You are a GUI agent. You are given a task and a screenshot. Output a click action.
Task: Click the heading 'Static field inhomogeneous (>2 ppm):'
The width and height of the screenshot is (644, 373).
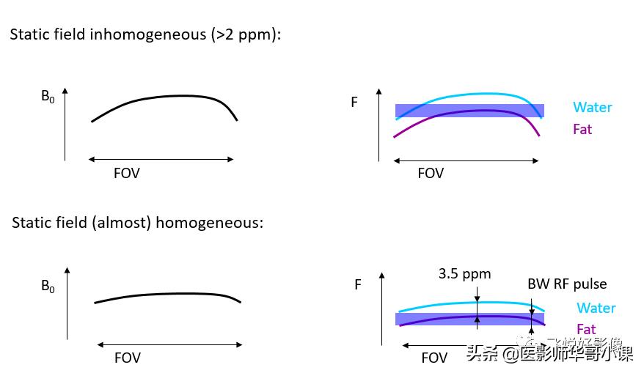pos(145,34)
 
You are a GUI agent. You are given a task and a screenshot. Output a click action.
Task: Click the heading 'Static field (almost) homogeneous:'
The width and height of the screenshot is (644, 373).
pos(137,223)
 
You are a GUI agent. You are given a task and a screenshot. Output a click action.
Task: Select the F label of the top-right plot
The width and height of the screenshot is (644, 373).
pos(354,103)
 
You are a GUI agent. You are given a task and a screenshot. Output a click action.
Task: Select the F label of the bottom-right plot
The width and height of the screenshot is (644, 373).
pos(358,284)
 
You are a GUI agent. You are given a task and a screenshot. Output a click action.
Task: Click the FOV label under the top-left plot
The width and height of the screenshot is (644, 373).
pos(126,174)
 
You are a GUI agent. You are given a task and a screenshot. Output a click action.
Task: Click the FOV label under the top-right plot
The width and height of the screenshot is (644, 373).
pos(431,174)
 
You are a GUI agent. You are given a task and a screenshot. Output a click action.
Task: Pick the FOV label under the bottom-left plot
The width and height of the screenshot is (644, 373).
pos(127,358)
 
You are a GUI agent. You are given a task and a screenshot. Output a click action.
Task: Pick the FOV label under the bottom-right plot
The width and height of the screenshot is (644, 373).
pos(434,358)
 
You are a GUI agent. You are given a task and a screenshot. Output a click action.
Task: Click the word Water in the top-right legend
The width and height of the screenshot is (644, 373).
pos(593,108)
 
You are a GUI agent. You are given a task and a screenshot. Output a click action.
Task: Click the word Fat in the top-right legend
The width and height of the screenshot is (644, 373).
pos(582,130)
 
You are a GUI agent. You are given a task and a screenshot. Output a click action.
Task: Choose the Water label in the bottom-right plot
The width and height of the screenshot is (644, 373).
pos(596,309)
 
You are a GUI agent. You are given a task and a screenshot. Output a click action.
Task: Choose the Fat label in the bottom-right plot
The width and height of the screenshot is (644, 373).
pos(586,329)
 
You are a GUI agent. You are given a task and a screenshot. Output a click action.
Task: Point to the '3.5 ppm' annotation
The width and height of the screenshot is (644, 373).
pos(464,274)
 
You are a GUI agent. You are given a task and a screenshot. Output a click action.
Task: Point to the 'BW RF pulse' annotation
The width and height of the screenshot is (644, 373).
pos(567,284)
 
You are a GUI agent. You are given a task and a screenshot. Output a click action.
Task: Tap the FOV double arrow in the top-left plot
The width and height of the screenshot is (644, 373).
pos(161,159)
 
